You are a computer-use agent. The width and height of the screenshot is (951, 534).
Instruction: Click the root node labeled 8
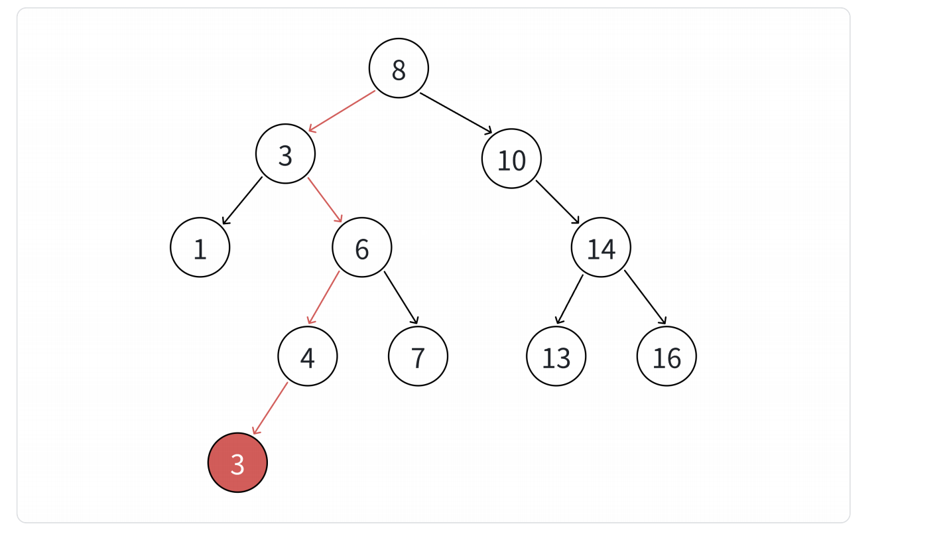(399, 68)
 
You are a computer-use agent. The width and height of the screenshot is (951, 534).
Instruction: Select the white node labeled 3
(285, 154)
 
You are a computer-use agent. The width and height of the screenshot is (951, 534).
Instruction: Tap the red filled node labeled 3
(237, 463)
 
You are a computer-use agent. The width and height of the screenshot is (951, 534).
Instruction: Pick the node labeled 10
(511, 159)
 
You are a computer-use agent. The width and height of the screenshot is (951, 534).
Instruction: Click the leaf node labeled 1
(200, 247)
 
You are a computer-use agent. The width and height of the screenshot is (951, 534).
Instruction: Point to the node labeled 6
(361, 247)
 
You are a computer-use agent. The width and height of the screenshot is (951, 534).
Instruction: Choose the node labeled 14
(601, 247)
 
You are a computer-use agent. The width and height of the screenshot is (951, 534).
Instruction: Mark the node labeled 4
(307, 356)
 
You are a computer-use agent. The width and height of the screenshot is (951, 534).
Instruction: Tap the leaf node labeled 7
(418, 356)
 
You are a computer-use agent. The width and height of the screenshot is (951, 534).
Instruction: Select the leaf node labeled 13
(556, 356)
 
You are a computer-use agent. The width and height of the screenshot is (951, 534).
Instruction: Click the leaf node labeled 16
(666, 356)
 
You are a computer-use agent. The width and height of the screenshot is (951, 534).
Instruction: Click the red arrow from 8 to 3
(342, 111)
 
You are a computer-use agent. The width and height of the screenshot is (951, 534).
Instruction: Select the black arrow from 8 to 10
(456, 113)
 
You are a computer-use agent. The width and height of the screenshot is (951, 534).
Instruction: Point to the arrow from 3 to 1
(242, 200)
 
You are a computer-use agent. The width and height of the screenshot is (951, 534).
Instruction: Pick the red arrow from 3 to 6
(325, 200)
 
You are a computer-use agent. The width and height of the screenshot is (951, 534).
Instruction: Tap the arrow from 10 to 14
(558, 202)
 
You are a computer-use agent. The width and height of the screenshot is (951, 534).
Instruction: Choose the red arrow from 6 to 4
(324, 297)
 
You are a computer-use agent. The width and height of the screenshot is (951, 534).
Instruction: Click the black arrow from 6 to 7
(401, 297)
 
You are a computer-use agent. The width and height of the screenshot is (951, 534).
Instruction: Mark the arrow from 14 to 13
(570, 299)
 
